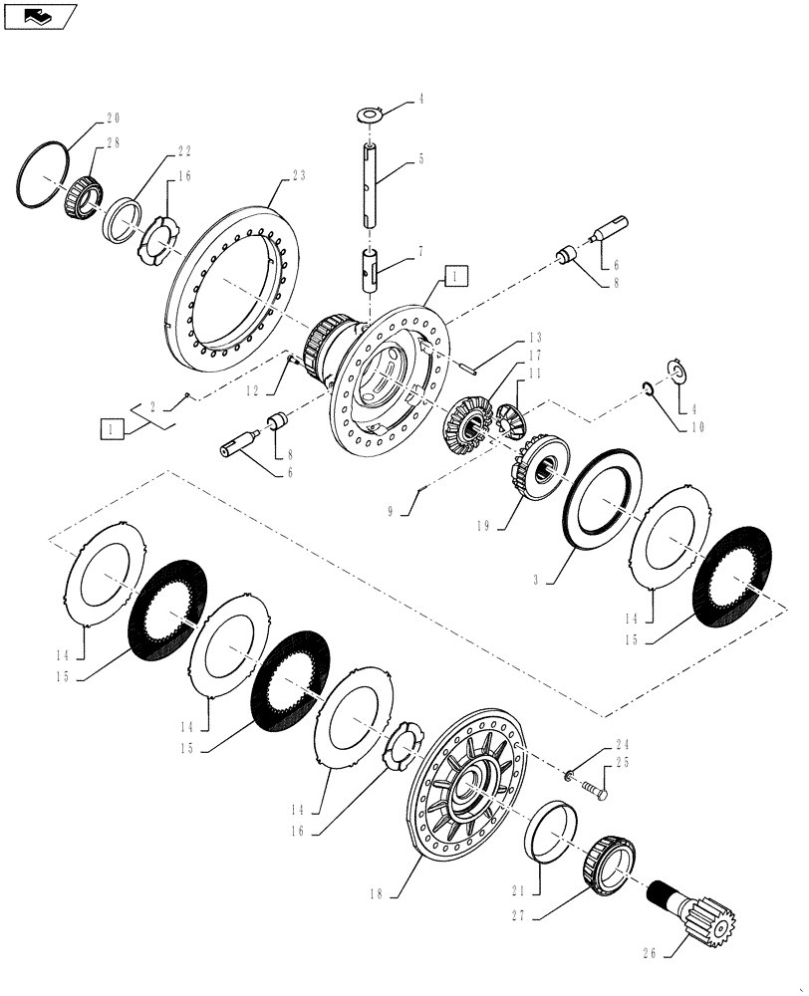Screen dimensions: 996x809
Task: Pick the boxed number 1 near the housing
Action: (453, 276)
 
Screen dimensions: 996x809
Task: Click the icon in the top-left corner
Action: (39, 16)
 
